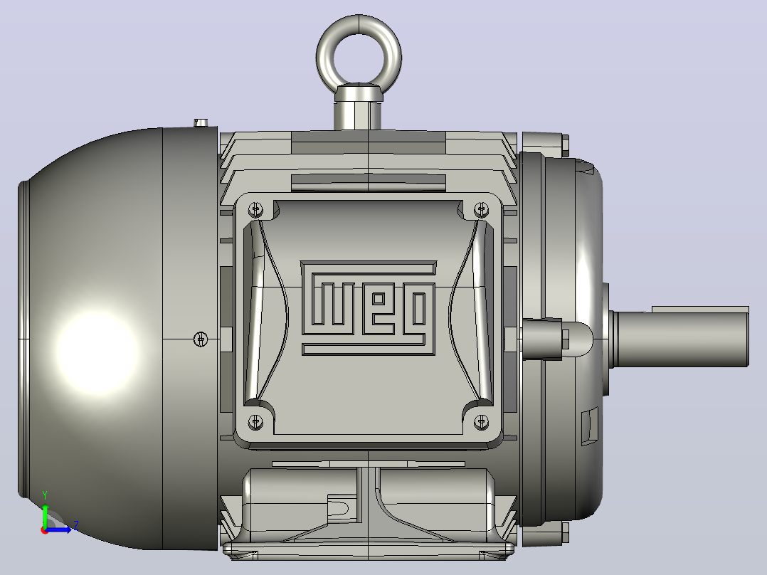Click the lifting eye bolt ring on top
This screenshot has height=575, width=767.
point(359,23)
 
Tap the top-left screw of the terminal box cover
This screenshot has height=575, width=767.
point(255,209)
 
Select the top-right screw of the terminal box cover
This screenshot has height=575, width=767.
point(481,209)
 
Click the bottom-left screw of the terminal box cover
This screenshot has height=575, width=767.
point(255,421)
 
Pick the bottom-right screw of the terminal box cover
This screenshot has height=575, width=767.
point(481,421)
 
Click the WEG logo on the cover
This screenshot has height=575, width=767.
point(368,308)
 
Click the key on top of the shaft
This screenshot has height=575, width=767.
point(700,310)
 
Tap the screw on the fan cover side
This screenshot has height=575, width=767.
point(201,339)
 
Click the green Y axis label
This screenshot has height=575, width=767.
point(45,495)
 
